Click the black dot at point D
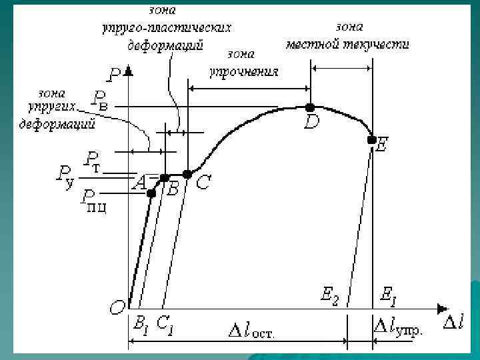(309, 107)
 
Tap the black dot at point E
(371, 139)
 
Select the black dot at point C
(187, 174)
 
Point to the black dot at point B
(165, 178)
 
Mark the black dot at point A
(151, 193)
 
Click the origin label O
(117, 307)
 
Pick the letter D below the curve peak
(311, 123)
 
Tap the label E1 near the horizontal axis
(387, 295)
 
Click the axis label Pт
(92, 161)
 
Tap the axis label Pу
(65, 177)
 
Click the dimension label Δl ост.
(251, 330)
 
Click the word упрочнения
(243, 70)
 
